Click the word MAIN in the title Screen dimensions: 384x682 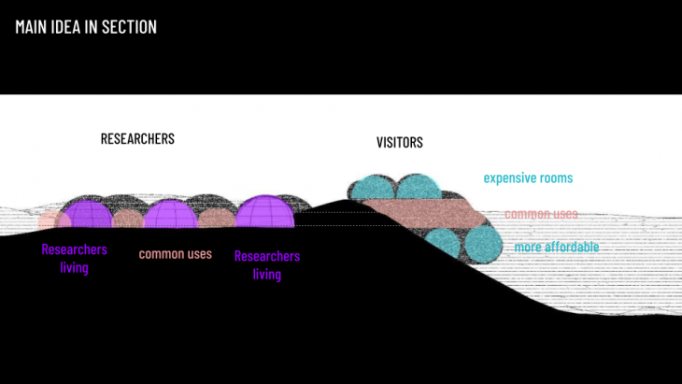[34, 27]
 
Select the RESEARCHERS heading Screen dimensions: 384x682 [137, 139]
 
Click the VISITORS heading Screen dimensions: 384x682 [399, 143]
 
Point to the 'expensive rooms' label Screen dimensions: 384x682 [528, 178]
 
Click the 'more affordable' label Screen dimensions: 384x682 [556, 248]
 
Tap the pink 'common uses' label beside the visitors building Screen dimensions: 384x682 [541, 214]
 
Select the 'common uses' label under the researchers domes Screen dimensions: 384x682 [176, 253]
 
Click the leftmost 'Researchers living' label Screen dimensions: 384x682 [74, 259]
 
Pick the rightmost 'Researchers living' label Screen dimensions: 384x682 [267, 264]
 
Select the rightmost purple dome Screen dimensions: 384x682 [264, 212]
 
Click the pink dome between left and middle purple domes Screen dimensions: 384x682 [126, 220]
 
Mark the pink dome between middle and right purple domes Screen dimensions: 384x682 [216, 219]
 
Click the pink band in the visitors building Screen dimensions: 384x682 [420, 214]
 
